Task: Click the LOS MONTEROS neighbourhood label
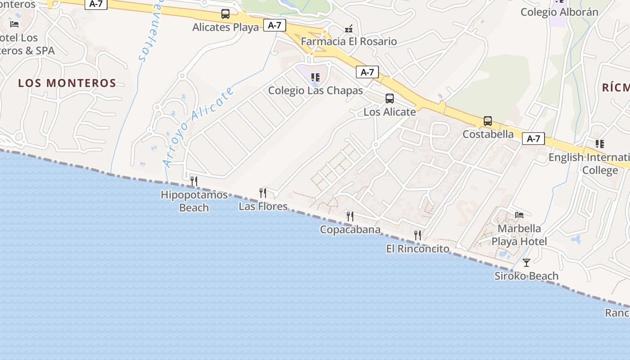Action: click(x=67, y=83)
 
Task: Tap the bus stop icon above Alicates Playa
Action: click(x=225, y=14)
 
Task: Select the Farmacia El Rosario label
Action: click(x=349, y=41)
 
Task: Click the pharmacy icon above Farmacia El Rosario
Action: click(x=349, y=29)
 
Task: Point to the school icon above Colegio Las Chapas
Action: click(x=315, y=77)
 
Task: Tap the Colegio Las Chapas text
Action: click(x=315, y=90)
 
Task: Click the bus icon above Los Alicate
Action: click(x=390, y=99)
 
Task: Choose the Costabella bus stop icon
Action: click(x=488, y=121)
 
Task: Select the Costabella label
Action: click(x=488, y=134)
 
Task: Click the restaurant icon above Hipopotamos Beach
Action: click(x=194, y=181)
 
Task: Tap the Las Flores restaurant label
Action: click(x=263, y=207)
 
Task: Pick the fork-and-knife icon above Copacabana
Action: click(x=350, y=216)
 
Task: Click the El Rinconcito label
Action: click(x=418, y=249)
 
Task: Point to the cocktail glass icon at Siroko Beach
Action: click(x=526, y=262)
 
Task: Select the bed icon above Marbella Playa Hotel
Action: click(x=519, y=215)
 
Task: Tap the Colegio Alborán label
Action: click(x=559, y=12)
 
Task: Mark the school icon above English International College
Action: click(x=600, y=144)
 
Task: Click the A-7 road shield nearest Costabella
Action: click(x=533, y=139)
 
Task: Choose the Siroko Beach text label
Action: click(x=526, y=276)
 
